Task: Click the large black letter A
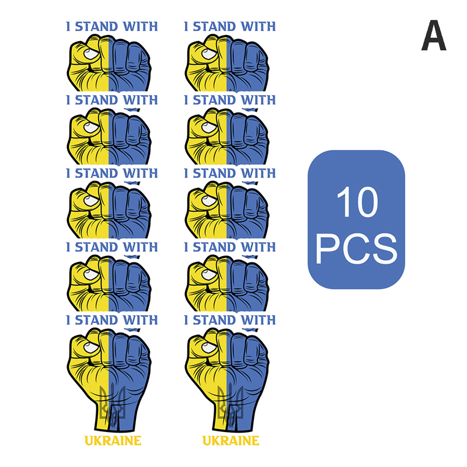(434, 35)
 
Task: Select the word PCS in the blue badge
(356, 249)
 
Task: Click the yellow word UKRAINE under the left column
(113, 441)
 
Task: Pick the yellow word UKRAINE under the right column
(231, 441)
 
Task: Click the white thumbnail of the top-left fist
(91, 54)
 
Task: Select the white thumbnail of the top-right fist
(209, 54)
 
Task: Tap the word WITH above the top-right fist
(258, 26)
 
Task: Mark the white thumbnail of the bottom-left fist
(91, 347)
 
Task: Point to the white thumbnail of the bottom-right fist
(209, 347)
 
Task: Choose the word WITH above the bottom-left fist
(140, 320)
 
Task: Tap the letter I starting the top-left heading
(68, 26)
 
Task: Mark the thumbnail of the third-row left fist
(91, 201)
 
